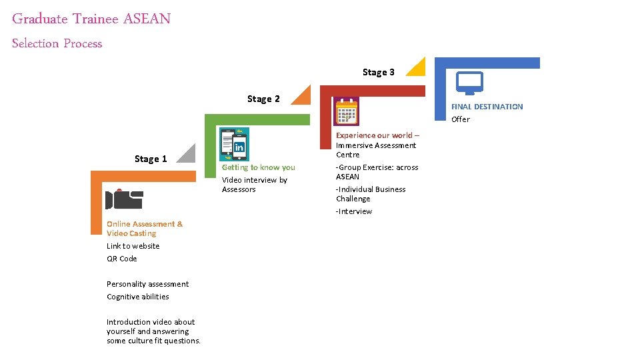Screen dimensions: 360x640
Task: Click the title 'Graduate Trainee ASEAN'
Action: point(91,19)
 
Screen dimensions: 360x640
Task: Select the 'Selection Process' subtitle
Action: point(57,43)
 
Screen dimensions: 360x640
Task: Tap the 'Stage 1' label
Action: point(151,159)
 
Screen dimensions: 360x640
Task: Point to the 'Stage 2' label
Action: point(263,99)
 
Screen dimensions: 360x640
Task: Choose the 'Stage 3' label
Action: point(379,72)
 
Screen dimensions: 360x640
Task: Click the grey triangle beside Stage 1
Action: point(189,155)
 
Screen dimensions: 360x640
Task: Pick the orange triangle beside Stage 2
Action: point(303,96)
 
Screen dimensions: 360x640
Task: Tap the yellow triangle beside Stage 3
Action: point(417,68)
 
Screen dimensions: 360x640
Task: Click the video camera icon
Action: point(125,199)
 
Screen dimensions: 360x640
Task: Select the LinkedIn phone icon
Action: point(235,144)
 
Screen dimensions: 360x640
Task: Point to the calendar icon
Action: point(347,111)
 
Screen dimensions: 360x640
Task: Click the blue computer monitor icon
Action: point(469,84)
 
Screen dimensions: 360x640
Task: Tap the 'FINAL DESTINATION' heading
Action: point(487,107)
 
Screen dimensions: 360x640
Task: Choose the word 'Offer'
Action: point(461,119)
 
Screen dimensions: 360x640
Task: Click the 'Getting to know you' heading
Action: point(259,167)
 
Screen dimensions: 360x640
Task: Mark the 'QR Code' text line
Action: point(122,259)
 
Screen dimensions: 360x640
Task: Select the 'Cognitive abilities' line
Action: point(138,297)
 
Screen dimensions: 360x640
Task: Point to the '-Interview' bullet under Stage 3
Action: point(354,211)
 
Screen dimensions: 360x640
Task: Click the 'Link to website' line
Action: point(133,246)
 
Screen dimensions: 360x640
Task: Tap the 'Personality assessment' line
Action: point(148,284)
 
